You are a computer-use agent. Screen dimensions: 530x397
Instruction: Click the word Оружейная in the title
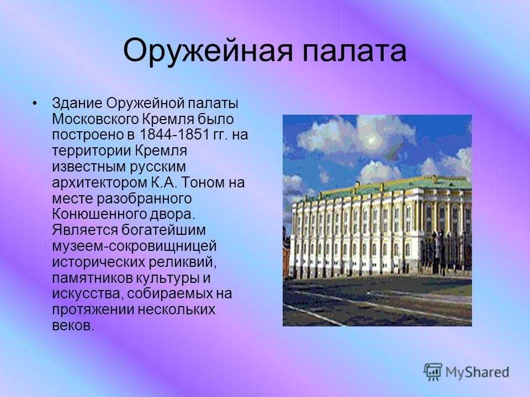coord(207,52)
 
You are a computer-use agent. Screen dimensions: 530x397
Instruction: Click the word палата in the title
coord(354,51)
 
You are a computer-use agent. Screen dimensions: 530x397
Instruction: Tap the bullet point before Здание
coord(34,103)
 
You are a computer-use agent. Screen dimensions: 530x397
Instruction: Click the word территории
coord(91,151)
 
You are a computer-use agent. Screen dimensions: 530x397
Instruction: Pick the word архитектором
coord(100,183)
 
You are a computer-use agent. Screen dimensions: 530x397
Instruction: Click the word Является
coord(84,230)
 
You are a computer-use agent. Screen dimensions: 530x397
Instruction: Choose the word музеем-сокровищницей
coord(134,246)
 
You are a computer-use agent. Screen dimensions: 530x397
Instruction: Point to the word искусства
coord(87,294)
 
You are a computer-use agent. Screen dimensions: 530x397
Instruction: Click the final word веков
coord(72,326)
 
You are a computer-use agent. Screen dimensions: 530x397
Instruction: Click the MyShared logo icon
coord(433,372)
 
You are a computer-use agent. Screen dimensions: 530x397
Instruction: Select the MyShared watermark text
coord(477,372)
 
